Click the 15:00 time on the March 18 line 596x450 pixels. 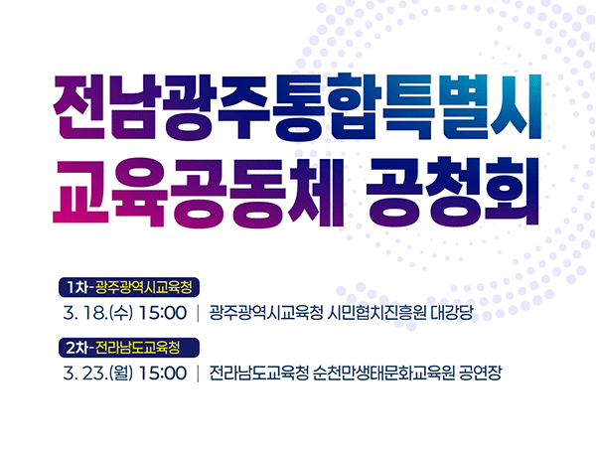point(163,314)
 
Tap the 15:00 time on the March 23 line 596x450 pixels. point(163,374)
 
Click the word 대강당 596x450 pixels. point(452,314)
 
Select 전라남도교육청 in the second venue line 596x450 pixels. point(260,374)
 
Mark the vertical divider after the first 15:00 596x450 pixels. point(199,314)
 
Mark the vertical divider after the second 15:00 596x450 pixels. point(199,374)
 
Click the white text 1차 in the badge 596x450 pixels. point(75,288)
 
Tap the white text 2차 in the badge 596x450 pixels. point(75,349)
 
